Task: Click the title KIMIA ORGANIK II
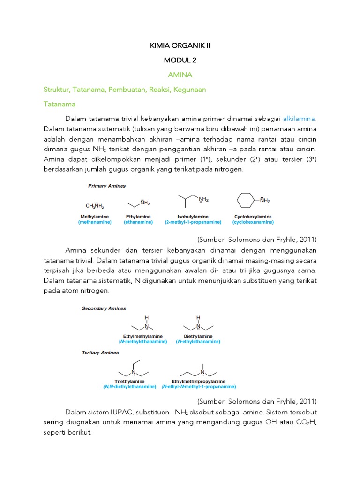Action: coord(180,45)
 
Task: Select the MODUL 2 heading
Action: coord(180,60)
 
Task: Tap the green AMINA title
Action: coord(180,75)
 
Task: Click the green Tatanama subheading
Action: coord(60,104)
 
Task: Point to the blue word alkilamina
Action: coord(299,119)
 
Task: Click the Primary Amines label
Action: coord(107,186)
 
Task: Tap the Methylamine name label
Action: coord(94,217)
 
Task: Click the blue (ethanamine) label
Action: coord(138,222)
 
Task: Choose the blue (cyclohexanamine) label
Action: coord(253,222)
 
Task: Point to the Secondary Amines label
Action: coord(104,308)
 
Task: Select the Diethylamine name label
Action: coord(198,336)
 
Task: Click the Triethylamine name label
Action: coord(129,382)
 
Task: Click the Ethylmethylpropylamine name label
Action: coord(199,382)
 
